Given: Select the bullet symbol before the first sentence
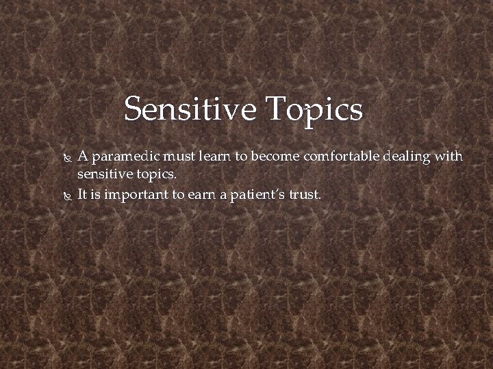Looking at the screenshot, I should (x=66, y=157).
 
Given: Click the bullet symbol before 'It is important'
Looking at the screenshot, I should (x=66, y=195).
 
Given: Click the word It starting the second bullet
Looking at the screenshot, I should (x=82, y=194).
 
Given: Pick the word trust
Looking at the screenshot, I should (x=305, y=195).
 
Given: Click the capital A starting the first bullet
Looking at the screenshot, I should (x=82, y=156).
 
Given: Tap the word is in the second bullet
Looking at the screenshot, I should (x=95, y=194).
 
